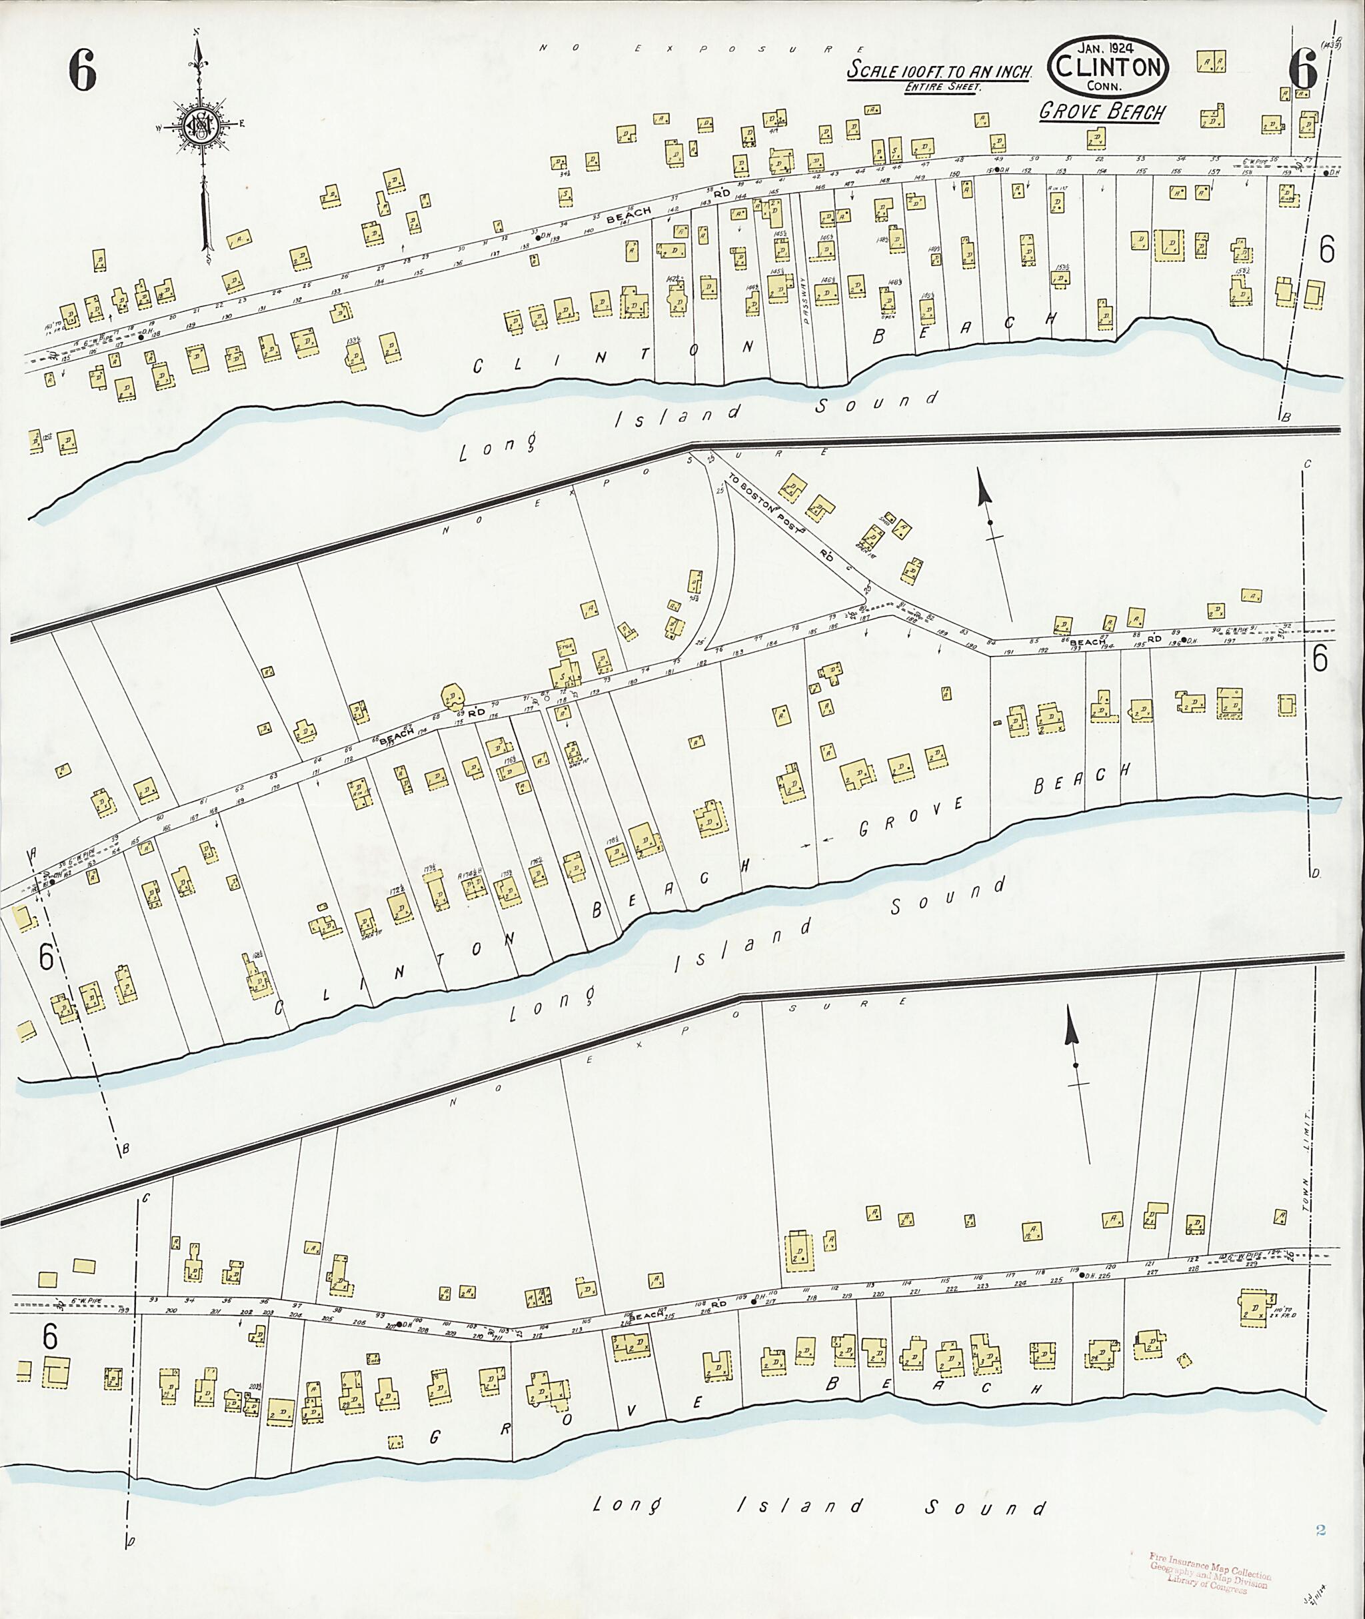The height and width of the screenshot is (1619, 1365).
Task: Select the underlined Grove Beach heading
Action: point(1102,112)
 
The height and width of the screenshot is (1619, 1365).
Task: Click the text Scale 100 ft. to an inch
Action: point(940,71)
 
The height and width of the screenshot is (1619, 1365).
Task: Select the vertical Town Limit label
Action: point(1308,1177)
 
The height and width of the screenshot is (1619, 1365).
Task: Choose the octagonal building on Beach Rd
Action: point(451,696)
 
